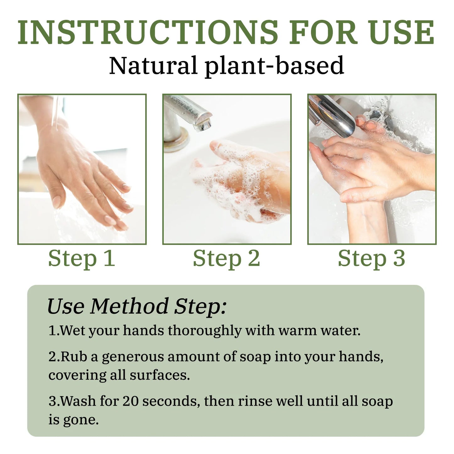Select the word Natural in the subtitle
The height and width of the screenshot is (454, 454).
point(153,65)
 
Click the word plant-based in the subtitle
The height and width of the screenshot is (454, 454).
point(274,66)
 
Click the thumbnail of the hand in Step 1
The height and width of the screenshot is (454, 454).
point(82,169)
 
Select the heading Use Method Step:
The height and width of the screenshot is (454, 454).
point(137,307)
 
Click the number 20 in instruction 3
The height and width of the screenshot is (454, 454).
point(130,401)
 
